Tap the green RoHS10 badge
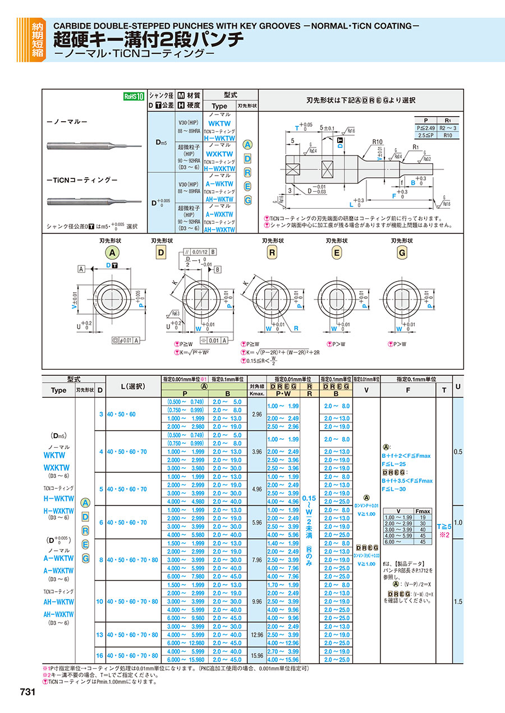134,96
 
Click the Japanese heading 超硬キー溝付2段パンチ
148,40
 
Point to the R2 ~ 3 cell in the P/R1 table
447,128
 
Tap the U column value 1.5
458,601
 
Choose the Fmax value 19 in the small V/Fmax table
423,517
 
